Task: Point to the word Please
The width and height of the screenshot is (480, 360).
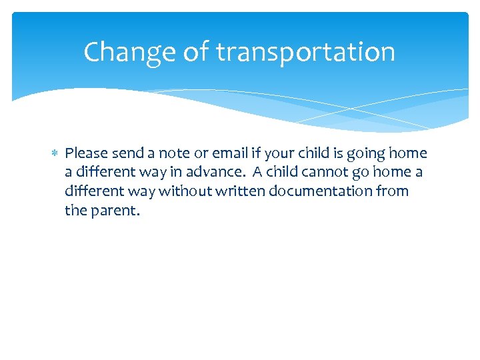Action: [87, 154]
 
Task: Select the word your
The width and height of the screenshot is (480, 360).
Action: [279, 154]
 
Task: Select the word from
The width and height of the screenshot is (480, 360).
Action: [393, 191]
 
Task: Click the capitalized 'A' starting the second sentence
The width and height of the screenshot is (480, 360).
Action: [257, 173]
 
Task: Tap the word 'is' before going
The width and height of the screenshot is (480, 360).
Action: [338, 154]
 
